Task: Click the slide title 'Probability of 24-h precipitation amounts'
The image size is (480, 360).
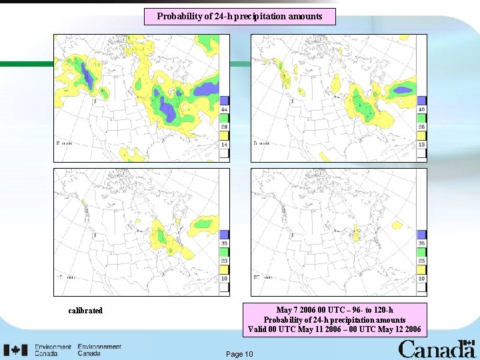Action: tap(239, 16)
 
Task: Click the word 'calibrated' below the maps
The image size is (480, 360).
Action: tap(85, 311)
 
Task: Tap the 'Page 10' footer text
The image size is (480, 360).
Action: tap(239, 353)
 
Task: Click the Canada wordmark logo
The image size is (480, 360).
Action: tap(436, 349)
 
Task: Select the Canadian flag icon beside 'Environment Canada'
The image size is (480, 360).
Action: tap(15, 350)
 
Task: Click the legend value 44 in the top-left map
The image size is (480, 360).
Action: tap(225, 109)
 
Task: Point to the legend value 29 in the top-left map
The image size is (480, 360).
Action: tap(225, 127)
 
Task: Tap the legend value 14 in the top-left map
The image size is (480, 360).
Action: tap(225, 144)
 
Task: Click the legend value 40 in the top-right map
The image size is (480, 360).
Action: tap(421, 109)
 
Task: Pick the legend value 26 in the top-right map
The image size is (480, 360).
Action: tap(421, 127)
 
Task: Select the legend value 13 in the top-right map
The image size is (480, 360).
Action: tap(421, 144)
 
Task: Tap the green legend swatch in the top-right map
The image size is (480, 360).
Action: tap(421, 118)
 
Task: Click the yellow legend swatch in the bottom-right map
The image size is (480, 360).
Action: tap(421, 269)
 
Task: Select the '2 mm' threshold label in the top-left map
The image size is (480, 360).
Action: tap(64, 143)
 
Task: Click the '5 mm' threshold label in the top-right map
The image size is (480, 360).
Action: tap(261, 143)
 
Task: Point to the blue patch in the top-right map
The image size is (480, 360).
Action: tap(403, 89)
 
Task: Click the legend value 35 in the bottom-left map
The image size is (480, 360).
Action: tap(225, 244)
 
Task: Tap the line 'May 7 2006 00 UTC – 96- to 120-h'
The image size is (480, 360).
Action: tap(334, 310)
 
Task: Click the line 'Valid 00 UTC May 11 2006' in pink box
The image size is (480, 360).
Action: tap(334, 329)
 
